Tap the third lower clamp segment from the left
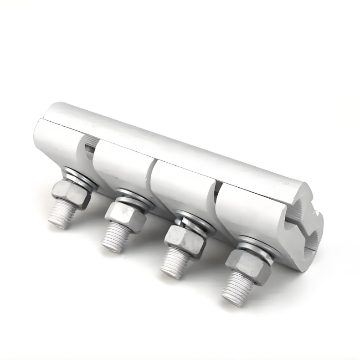tap(180, 187)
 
